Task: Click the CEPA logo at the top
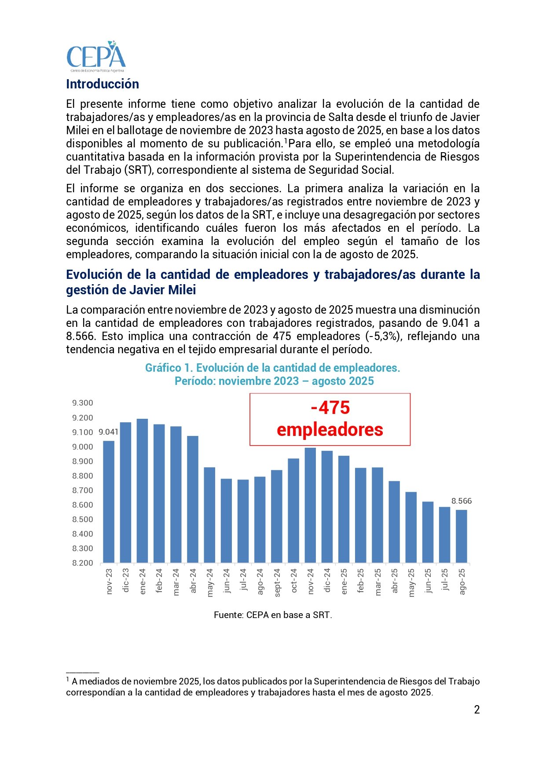(x=96, y=57)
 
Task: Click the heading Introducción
(x=102, y=84)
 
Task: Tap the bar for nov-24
(x=310, y=505)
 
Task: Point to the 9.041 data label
(x=108, y=432)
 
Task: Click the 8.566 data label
(x=461, y=501)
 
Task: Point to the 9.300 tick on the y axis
(x=83, y=403)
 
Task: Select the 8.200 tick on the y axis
(x=83, y=563)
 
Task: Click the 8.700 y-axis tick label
(x=83, y=490)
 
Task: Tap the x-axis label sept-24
(x=277, y=582)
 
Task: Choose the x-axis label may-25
(x=411, y=582)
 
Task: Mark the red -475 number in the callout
(x=330, y=408)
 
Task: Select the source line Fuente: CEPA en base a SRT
(x=273, y=615)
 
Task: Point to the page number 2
(x=477, y=710)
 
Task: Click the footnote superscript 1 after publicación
(x=286, y=141)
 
